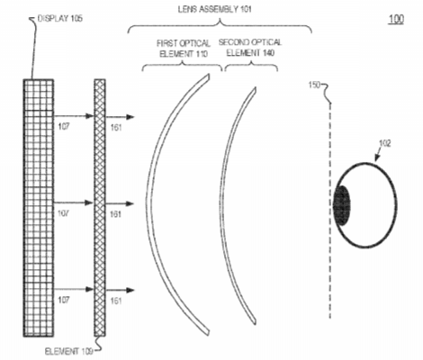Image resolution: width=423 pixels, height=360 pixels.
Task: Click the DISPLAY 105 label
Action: click(60, 19)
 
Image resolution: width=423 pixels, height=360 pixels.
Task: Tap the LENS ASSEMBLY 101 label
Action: click(215, 9)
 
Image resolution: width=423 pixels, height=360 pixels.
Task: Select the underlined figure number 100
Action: click(396, 19)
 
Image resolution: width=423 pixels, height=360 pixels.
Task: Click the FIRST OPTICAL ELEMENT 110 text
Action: click(184, 49)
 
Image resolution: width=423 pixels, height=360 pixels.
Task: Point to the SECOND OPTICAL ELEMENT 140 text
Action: click(250, 48)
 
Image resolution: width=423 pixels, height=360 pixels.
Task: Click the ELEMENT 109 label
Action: click(68, 351)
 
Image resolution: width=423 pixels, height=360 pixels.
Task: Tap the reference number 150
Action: click(315, 85)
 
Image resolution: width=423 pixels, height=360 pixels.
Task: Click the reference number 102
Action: click(385, 144)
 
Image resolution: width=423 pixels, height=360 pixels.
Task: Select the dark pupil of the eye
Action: click(342, 205)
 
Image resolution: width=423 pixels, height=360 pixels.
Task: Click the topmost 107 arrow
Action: click(74, 116)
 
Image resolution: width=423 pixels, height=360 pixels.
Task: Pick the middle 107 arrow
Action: click(74, 203)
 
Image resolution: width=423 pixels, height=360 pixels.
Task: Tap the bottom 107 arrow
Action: click(74, 289)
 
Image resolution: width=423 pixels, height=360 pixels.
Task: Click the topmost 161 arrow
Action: click(120, 117)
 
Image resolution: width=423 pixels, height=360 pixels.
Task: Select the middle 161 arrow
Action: click(120, 203)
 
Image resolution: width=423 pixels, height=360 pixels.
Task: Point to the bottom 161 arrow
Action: click(120, 290)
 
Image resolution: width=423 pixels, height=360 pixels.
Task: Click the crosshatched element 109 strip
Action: click(100, 208)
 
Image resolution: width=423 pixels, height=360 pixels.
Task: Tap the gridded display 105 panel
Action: click(39, 208)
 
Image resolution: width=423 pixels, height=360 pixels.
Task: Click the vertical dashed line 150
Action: click(330, 211)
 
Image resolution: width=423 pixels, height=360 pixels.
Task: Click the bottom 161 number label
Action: click(116, 301)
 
